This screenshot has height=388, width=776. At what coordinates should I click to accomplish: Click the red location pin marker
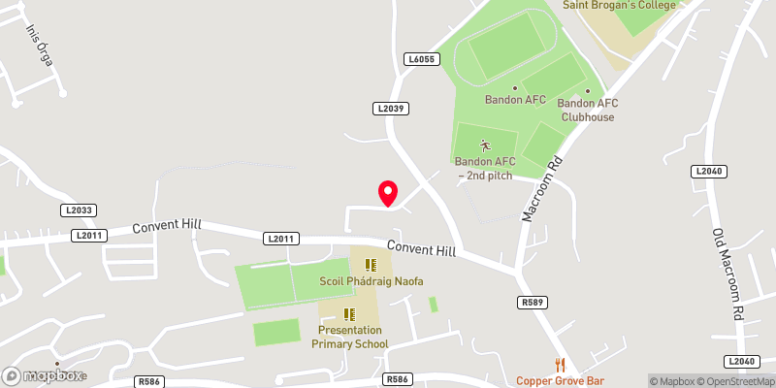point(388,194)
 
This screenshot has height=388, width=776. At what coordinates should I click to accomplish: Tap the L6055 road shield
point(422,60)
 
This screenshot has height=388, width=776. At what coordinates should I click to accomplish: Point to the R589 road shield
point(531,304)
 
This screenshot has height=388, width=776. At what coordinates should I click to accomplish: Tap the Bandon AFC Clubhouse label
point(587,111)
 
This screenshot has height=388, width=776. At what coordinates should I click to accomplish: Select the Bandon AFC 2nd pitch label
point(484,168)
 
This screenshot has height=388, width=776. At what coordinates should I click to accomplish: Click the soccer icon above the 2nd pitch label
point(484,145)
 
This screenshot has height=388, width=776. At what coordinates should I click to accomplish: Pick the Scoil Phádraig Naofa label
point(372,281)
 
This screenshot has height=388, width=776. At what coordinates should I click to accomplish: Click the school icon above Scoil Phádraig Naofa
point(371,264)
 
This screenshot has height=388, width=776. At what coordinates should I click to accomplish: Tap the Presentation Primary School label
point(350,337)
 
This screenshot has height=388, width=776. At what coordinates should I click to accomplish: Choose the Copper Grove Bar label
point(560,381)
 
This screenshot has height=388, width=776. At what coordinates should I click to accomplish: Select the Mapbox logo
point(44,375)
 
